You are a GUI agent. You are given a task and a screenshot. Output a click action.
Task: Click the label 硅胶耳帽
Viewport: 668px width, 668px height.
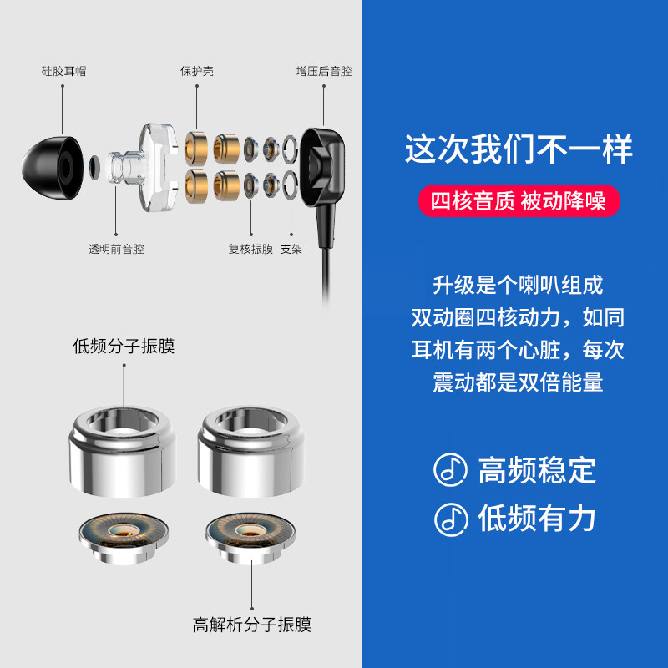(x=64, y=71)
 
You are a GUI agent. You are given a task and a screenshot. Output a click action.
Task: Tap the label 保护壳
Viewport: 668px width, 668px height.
(x=197, y=71)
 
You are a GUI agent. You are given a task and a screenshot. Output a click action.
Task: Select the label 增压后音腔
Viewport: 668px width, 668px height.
(x=324, y=71)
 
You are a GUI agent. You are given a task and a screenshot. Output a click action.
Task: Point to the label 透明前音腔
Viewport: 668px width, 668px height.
(x=116, y=249)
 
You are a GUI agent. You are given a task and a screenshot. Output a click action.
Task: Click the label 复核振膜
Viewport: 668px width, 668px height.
(x=251, y=249)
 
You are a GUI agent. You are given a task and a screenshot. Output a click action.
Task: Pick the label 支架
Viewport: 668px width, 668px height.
(x=291, y=249)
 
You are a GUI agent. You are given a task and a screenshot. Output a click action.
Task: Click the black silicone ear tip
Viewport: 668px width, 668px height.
(x=53, y=168)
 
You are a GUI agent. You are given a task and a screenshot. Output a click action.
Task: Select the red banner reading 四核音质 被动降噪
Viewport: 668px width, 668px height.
(x=519, y=200)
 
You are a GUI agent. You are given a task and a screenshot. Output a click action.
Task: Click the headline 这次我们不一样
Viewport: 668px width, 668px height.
(x=519, y=149)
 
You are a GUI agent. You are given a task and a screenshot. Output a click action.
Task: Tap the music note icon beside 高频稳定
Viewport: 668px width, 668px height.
(x=450, y=470)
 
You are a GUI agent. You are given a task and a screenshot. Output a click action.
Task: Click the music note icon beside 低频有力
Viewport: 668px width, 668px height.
(x=451, y=519)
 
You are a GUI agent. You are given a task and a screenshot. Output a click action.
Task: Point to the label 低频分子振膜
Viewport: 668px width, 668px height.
(x=124, y=346)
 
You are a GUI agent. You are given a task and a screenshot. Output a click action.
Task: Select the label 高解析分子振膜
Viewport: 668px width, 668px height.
(x=252, y=625)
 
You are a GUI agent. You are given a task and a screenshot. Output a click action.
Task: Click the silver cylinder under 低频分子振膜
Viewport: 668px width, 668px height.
(x=123, y=452)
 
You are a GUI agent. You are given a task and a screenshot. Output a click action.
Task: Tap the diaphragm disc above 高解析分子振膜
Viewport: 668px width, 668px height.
(x=250, y=538)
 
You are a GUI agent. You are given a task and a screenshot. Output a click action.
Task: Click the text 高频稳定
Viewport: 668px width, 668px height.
(x=537, y=470)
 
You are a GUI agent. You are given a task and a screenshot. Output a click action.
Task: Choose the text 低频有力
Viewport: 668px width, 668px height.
(x=537, y=519)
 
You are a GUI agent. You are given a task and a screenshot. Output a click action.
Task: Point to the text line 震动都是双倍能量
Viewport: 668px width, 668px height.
(x=518, y=382)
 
